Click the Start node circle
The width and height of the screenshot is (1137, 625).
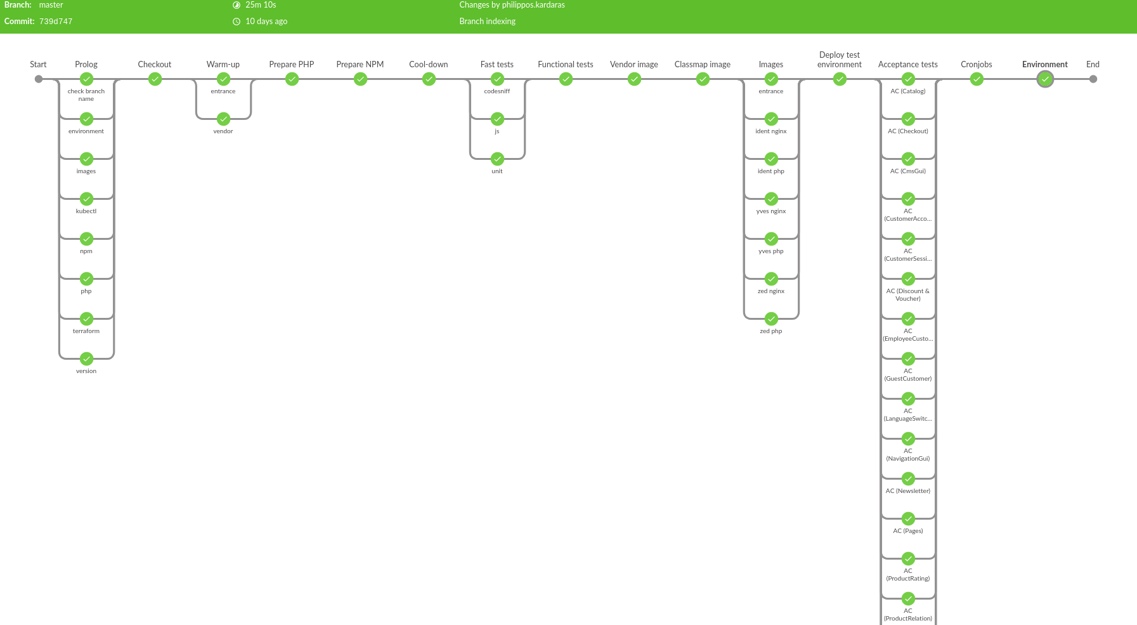click(39, 79)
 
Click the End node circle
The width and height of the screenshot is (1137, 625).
click(1093, 79)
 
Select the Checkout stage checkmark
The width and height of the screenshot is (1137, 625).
click(155, 79)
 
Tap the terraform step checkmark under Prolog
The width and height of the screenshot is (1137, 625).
click(86, 319)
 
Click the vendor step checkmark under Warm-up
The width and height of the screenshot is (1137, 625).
click(223, 119)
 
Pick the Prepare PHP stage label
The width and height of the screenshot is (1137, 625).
click(292, 65)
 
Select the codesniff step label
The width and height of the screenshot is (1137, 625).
click(497, 91)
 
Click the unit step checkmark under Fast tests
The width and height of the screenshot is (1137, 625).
click(497, 159)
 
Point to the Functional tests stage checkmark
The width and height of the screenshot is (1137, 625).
click(566, 79)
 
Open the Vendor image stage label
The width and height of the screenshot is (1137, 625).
click(634, 65)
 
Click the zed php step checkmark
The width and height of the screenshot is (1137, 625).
click(771, 319)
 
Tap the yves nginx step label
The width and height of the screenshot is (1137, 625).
click(771, 211)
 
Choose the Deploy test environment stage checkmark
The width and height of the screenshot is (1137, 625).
click(840, 79)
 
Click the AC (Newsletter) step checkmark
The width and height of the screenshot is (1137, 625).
click(908, 479)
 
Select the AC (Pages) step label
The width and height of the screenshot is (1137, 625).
click(908, 531)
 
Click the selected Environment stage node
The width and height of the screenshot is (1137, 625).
click(1045, 79)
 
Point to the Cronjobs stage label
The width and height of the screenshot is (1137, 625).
click(977, 65)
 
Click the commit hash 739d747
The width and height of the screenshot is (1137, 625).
click(56, 22)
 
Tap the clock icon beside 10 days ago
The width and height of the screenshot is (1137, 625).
click(237, 22)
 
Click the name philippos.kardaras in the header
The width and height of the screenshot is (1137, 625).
click(533, 5)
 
